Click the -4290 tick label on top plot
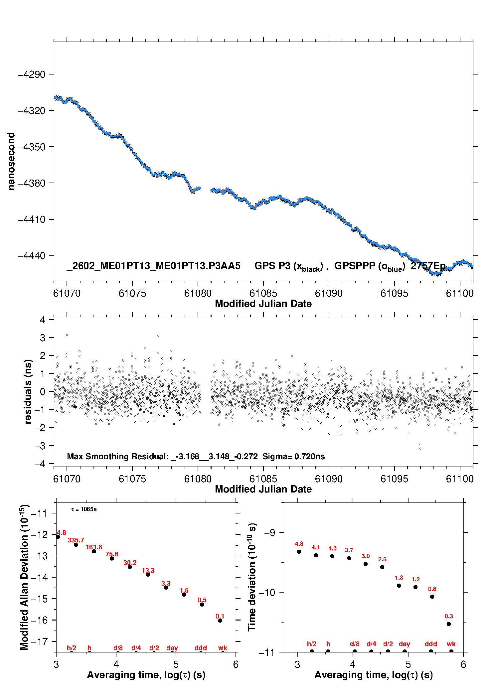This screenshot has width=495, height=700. click(x=31, y=74)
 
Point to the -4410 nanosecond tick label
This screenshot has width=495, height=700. click(x=31, y=219)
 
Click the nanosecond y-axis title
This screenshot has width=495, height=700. click(x=11, y=161)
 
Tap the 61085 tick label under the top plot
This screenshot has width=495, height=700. click(x=263, y=293)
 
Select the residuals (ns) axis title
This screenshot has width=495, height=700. click(x=28, y=391)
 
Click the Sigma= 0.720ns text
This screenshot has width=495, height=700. click(x=293, y=456)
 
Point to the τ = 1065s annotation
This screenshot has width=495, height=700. click(x=84, y=509)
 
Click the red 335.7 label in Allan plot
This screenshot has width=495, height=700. click(x=76, y=540)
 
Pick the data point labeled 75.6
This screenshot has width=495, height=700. click(x=112, y=558)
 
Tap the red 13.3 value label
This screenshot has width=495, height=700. click(x=148, y=570)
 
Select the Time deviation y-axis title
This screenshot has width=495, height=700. click(x=252, y=577)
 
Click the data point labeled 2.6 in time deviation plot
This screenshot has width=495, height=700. click(x=382, y=567)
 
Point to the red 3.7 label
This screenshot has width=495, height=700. click(x=349, y=550)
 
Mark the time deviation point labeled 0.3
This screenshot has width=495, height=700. click(x=449, y=624)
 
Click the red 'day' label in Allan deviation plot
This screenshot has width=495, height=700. click(x=172, y=648)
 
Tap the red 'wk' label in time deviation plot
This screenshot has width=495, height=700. click(x=451, y=644)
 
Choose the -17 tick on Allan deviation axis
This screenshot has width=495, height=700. click(x=39, y=641)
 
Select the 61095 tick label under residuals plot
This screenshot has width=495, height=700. click(x=394, y=479)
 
